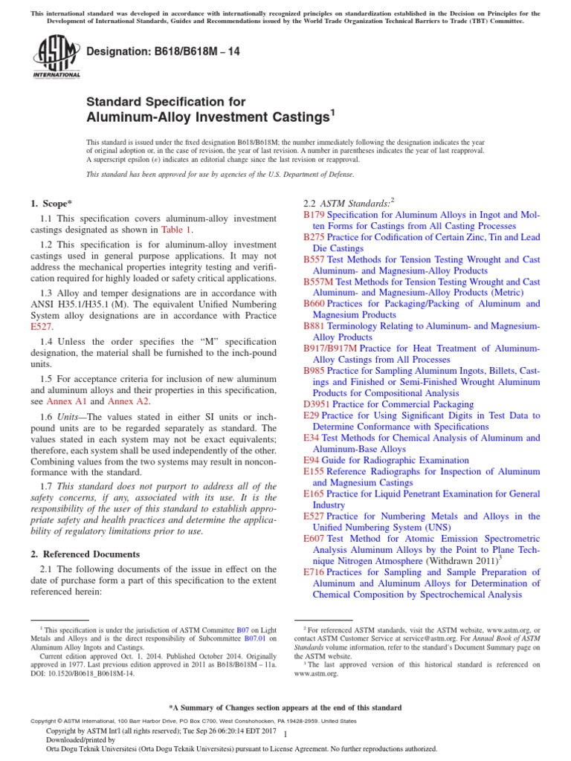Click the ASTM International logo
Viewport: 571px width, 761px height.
coord(57,57)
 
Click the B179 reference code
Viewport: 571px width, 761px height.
coord(314,214)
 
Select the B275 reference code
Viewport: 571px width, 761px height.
coord(314,236)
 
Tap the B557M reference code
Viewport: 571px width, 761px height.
coord(318,282)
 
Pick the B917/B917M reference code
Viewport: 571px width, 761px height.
coord(330,348)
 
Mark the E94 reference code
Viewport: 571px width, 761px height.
coord(311,460)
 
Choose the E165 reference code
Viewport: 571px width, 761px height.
coord(314,493)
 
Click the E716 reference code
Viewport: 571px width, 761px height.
coord(314,571)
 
